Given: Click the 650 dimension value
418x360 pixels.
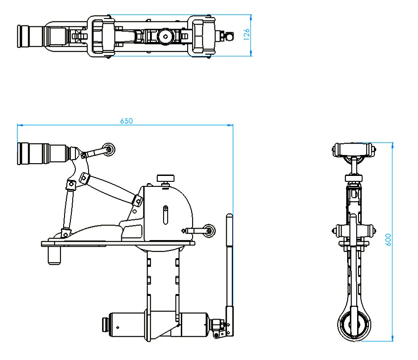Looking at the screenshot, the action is [126, 121].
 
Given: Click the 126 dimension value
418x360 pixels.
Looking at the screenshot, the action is [247, 35].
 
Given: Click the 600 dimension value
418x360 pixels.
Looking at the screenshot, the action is [388, 240].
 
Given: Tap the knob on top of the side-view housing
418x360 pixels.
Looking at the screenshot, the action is [165, 178].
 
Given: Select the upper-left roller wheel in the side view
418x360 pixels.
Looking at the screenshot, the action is [109, 150].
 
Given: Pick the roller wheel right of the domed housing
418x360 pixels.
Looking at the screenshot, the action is [209, 230].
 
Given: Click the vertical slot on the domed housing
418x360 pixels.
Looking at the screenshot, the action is [165, 215].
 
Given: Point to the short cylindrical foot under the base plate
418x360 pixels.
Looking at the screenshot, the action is [55, 255].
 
